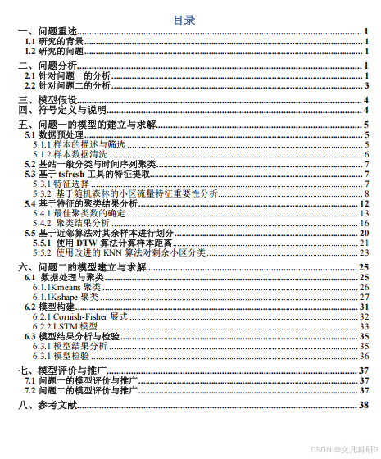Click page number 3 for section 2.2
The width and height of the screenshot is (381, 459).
pyautogui.click(x=366, y=85)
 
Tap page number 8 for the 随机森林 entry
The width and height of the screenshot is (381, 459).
pyautogui.click(x=366, y=193)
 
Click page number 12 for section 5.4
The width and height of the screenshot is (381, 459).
pyautogui.click(x=365, y=203)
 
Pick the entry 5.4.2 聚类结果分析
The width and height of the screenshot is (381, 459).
pyautogui.click(x=71, y=223)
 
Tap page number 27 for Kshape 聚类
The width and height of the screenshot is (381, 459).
pyautogui.click(x=365, y=297)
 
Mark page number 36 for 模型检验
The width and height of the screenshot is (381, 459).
pyautogui.click(x=365, y=356)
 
